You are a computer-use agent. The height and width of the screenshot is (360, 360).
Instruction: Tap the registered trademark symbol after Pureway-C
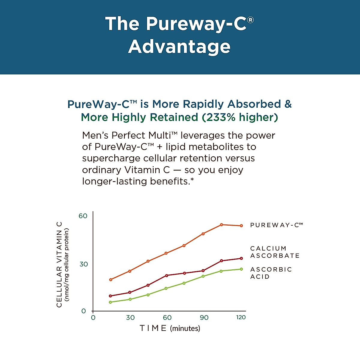click(x=251, y=20)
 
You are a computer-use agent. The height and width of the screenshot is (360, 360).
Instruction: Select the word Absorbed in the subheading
click(x=254, y=104)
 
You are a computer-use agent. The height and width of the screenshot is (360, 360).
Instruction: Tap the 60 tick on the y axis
click(x=83, y=216)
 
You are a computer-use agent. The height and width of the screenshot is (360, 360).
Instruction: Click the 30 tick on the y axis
click(x=83, y=264)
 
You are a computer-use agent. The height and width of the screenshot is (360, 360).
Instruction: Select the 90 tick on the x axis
click(x=204, y=317)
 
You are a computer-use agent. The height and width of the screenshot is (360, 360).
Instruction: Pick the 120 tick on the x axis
click(x=241, y=317)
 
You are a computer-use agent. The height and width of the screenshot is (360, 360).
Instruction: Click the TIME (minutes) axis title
click(x=170, y=328)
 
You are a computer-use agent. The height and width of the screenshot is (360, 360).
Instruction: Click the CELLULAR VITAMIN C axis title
click(x=59, y=264)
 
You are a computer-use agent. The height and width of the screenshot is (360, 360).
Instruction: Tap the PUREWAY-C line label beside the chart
click(x=276, y=225)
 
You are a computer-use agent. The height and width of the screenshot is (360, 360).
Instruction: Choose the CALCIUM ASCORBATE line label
click(x=275, y=252)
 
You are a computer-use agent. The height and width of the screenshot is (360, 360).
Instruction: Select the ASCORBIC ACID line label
click(x=271, y=273)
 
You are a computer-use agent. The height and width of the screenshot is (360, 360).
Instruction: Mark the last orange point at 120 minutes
click(x=241, y=226)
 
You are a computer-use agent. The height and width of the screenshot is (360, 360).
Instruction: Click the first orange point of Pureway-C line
click(x=111, y=280)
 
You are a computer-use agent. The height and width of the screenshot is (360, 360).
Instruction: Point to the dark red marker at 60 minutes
click(x=167, y=275)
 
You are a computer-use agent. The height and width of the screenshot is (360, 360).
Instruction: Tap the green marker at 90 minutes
click(x=203, y=276)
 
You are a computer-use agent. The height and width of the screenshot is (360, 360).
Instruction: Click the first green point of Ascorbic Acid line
click(x=110, y=302)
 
